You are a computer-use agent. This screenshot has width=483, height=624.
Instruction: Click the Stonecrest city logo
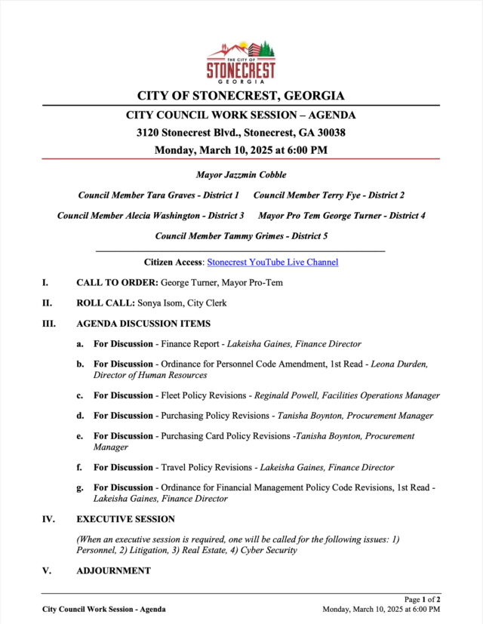(241, 61)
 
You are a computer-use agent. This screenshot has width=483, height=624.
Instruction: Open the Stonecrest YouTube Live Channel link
(272, 263)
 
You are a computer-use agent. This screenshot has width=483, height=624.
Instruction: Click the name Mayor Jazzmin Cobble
(241, 175)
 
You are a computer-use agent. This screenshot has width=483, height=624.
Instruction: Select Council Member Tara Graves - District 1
(158, 195)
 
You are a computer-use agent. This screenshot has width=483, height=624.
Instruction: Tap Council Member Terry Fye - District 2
(329, 195)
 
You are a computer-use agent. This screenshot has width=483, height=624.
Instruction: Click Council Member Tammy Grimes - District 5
(241, 236)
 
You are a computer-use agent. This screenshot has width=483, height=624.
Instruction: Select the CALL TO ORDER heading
(117, 283)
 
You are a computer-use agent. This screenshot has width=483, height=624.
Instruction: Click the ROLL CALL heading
(105, 303)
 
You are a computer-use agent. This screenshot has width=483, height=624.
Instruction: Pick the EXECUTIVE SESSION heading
(125, 519)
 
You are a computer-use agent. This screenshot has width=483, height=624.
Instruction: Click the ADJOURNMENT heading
(113, 570)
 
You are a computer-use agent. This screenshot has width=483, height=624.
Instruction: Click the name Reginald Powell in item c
(287, 395)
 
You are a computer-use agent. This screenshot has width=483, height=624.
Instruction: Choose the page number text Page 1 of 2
(422, 600)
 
